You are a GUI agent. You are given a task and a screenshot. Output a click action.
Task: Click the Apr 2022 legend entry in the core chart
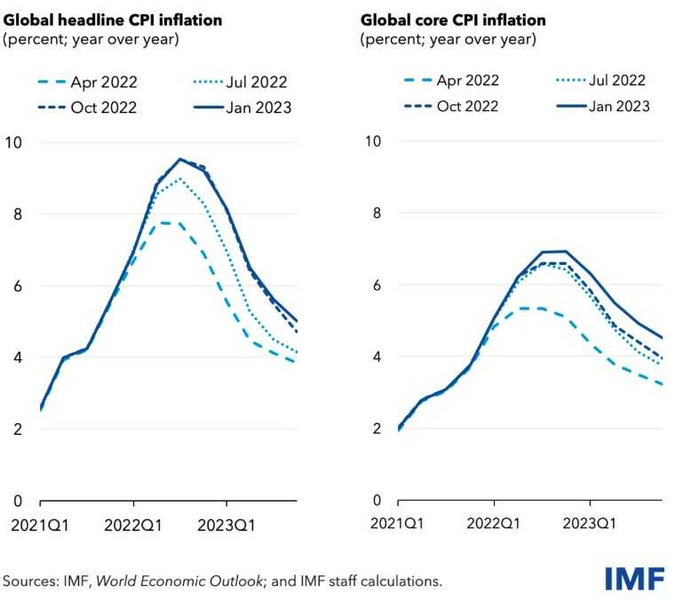click(442, 81)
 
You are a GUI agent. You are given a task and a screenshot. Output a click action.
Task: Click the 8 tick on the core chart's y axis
click(377, 213)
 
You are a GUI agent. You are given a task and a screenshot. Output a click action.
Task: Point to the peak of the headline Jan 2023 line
click(180, 159)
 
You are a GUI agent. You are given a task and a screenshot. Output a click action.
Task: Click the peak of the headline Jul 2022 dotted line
click(180, 179)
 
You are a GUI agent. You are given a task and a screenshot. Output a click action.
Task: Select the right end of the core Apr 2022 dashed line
click(662, 384)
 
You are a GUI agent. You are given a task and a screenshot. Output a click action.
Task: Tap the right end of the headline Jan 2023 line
click(297, 322)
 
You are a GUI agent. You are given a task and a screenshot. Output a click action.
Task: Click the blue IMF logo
click(635, 578)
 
